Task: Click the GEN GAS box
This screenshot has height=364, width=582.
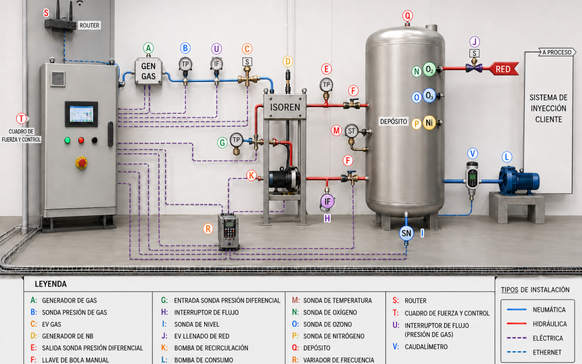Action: click(x=149, y=71)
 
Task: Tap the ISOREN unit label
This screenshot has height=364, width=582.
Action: click(x=285, y=107)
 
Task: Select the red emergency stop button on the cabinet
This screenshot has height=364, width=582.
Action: click(x=81, y=163)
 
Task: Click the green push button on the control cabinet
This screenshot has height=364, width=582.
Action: click(x=67, y=140)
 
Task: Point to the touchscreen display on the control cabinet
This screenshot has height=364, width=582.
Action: click(x=81, y=113)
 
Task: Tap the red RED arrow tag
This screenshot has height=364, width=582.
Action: click(x=503, y=69)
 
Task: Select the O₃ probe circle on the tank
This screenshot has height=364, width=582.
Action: click(x=429, y=96)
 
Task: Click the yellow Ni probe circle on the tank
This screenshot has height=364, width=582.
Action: click(x=429, y=122)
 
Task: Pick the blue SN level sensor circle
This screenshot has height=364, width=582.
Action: click(x=406, y=233)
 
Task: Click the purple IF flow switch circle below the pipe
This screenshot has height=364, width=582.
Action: click(x=328, y=202)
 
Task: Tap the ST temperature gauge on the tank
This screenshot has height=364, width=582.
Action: click(x=351, y=131)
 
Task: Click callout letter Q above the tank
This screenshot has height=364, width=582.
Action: click(x=407, y=16)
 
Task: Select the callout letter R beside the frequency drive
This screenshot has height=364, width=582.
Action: click(x=208, y=229)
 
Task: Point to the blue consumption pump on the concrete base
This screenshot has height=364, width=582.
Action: click(x=518, y=181)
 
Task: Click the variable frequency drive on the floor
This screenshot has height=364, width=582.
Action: click(x=228, y=232)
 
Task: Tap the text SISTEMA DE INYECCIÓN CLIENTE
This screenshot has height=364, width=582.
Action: click(x=549, y=108)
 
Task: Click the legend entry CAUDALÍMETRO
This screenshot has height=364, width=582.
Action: click(x=426, y=347)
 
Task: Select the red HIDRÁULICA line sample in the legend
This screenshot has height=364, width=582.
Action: click(x=517, y=324)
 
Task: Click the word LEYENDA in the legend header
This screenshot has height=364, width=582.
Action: click(x=51, y=284)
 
